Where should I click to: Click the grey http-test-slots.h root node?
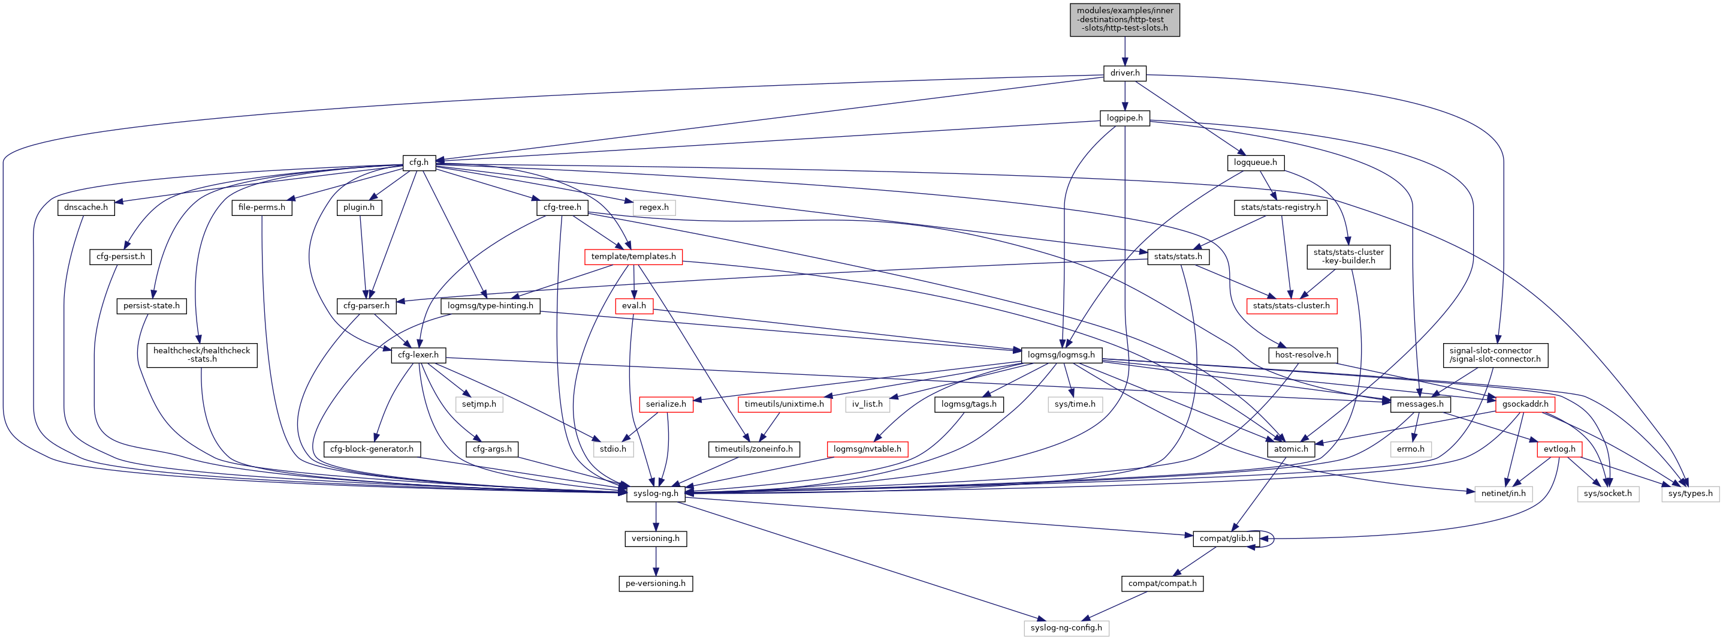(x=1124, y=19)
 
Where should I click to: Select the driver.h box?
(x=1124, y=73)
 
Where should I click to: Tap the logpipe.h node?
(x=1124, y=118)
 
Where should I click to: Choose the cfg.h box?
(x=419, y=163)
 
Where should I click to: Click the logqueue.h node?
(x=1255, y=163)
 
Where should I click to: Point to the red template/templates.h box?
(x=633, y=256)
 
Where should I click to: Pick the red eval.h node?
(x=633, y=306)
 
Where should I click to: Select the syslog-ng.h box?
(x=656, y=494)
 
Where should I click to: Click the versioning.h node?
(x=656, y=538)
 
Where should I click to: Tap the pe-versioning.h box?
(x=656, y=583)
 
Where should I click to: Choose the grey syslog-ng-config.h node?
(x=1066, y=628)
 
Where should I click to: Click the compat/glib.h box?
(x=1226, y=538)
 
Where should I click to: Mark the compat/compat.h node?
(x=1162, y=583)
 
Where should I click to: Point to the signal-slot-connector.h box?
(x=1494, y=355)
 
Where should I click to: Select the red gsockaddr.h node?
(x=1525, y=404)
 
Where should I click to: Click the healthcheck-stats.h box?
(x=201, y=355)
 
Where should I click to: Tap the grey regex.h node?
(x=653, y=208)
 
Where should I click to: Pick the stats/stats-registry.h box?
(x=1280, y=208)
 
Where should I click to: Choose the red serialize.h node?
(x=665, y=404)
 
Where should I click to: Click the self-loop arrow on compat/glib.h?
(x=1273, y=538)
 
